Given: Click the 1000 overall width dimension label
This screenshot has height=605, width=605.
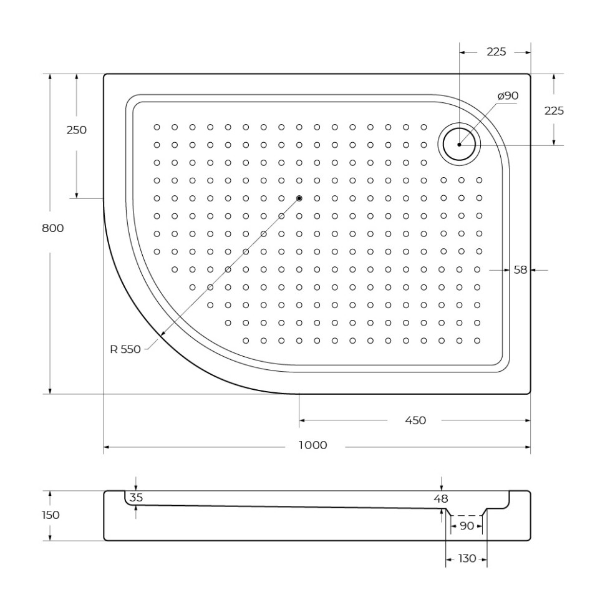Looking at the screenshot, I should pyautogui.click(x=312, y=445).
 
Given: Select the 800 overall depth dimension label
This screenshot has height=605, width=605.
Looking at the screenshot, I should pyautogui.click(x=52, y=228).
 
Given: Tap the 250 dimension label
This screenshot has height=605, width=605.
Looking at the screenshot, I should pyautogui.click(x=76, y=130).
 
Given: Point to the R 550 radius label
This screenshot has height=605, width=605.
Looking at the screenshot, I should pyautogui.click(x=125, y=349).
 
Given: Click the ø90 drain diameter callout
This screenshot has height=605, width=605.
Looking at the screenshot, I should pyautogui.click(x=508, y=95).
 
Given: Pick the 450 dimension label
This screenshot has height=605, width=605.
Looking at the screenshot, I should pyautogui.click(x=415, y=420).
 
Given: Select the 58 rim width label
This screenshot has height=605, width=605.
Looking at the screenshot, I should pyautogui.click(x=520, y=270).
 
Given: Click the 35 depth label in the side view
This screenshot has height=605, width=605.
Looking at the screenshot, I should pyautogui.click(x=136, y=498).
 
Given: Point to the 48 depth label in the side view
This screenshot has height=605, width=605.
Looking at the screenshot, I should pyautogui.click(x=442, y=498).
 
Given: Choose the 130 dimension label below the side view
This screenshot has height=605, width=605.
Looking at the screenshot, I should pyautogui.click(x=467, y=558).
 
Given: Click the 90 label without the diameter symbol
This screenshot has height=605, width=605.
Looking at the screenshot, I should pyautogui.click(x=467, y=526).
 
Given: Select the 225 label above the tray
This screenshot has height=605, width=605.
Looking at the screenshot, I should pyautogui.click(x=496, y=52).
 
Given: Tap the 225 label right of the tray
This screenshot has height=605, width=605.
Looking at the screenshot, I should pyautogui.click(x=554, y=110).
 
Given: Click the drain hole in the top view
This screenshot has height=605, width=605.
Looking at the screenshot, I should pyautogui.click(x=460, y=144).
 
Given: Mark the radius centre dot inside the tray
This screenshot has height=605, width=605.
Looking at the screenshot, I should pyautogui.click(x=299, y=198).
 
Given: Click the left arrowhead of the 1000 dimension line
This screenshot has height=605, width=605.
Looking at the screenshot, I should pyautogui.click(x=107, y=447).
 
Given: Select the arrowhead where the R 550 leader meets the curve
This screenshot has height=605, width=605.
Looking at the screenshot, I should pyautogui.click(x=163, y=335).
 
